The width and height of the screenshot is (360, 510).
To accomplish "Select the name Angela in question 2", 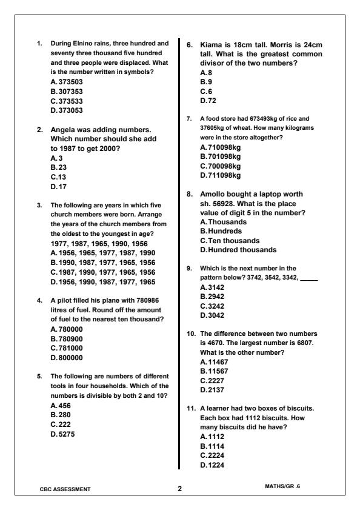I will tap(65, 130).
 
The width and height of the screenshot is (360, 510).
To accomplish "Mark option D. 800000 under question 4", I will tap(67, 358).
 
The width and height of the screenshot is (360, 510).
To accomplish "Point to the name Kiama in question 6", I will tap(212, 45).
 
